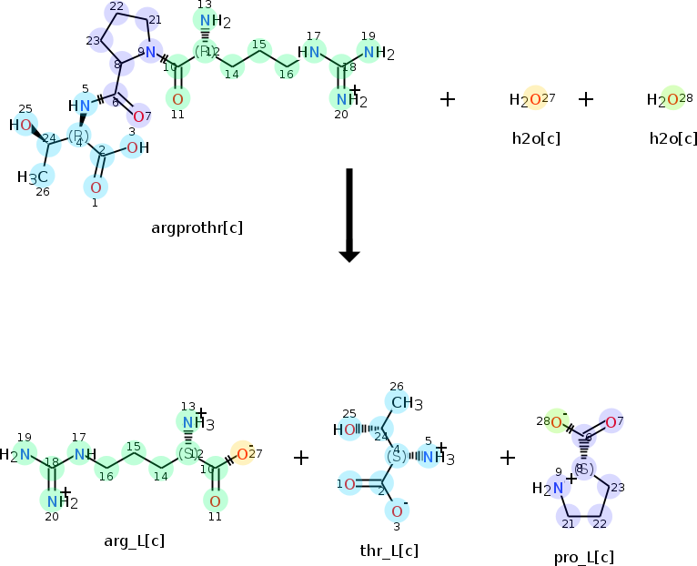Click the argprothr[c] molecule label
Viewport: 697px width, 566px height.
[197, 227]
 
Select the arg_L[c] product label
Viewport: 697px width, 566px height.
[134, 541]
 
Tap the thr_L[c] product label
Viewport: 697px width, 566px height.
[389, 550]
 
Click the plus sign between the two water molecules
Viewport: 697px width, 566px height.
[586, 98]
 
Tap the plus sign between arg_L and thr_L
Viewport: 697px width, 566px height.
[301, 457]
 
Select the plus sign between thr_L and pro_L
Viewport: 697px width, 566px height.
[508, 457]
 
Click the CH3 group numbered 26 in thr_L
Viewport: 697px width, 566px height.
[401, 401]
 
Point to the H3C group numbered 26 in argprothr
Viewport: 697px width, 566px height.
[37, 176]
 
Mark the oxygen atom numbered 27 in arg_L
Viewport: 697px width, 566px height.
[242, 452]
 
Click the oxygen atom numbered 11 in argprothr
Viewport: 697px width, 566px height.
[177, 98]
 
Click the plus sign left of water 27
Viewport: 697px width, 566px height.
[448, 98]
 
